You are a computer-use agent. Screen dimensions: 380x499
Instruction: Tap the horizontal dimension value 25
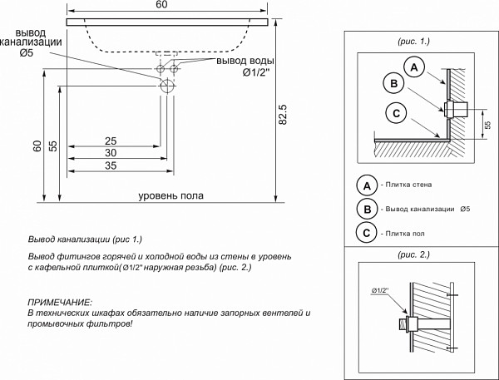tap(110, 141)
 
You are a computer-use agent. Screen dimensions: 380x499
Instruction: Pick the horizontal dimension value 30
tap(110, 154)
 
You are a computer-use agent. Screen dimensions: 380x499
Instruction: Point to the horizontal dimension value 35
tap(110, 167)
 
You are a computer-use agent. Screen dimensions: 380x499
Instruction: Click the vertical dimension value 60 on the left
tap(37, 146)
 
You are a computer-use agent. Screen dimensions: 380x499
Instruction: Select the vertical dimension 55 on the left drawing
tap(52, 146)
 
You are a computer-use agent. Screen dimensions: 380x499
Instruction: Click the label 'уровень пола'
tap(171, 196)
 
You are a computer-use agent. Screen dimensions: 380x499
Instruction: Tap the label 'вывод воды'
tap(245, 62)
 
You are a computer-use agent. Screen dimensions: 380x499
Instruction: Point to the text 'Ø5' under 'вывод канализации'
tap(27, 54)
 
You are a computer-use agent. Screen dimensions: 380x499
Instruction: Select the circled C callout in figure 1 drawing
tap(397, 114)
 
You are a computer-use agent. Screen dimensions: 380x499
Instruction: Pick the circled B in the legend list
tap(365, 209)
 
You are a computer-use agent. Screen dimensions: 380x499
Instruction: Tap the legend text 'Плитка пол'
tap(403, 234)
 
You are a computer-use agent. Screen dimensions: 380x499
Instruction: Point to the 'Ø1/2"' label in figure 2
tap(381, 289)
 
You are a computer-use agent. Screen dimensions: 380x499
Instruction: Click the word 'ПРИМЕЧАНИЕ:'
tap(60, 302)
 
